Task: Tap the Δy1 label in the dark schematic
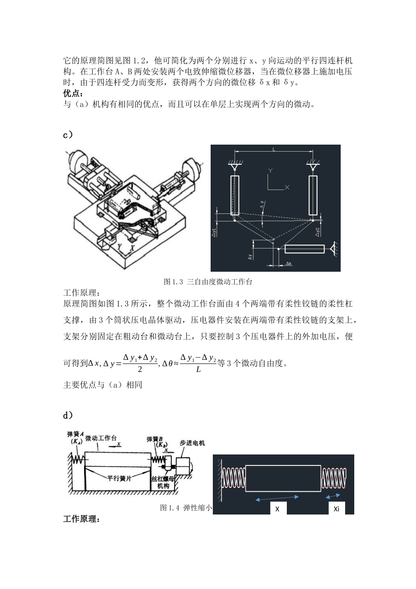tap(214, 232)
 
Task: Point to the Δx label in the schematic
tap(289, 263)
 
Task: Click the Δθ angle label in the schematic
tap(262, 205)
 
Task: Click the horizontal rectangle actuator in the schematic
tap(304, 249)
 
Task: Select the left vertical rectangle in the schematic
tap(235, 195)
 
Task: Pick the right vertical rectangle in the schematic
tap(313, 195)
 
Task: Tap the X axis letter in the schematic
tap(287, 187)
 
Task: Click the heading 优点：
tap(73, 93)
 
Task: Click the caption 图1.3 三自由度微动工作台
tap(208, 282)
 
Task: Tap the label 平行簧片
tap(120, 478)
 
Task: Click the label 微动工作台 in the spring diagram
tap(101, 438)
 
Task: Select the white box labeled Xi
tap(336, 508)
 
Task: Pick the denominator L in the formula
tap(198, 369)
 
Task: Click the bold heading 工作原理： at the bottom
tap(81, 519)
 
